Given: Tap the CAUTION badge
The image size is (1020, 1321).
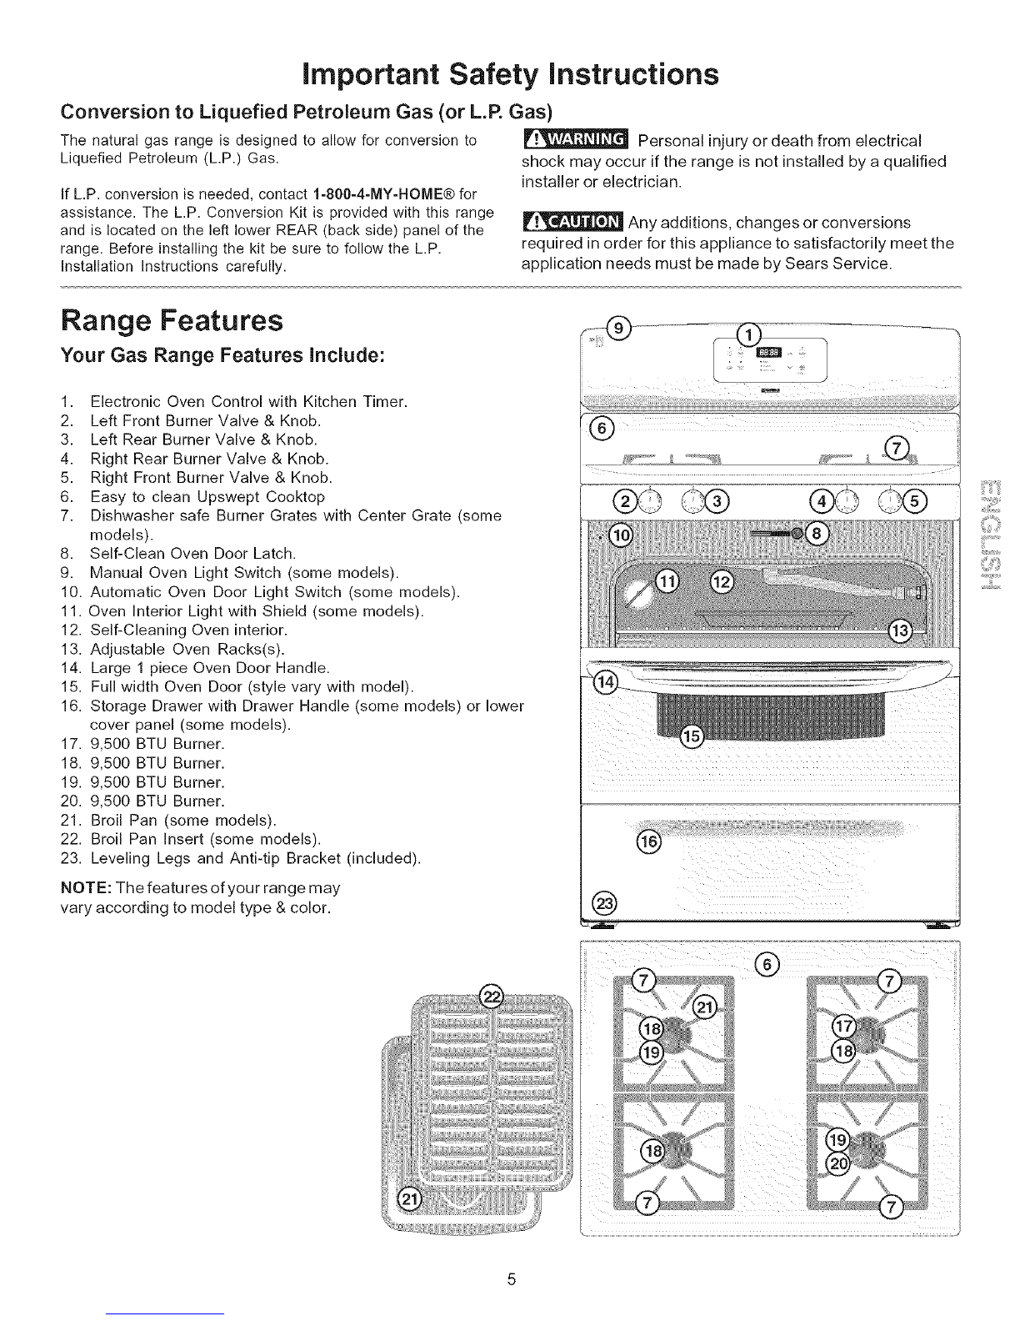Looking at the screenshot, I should pos(571,223).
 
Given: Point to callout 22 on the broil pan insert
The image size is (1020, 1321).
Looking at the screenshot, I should pos(492,995).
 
